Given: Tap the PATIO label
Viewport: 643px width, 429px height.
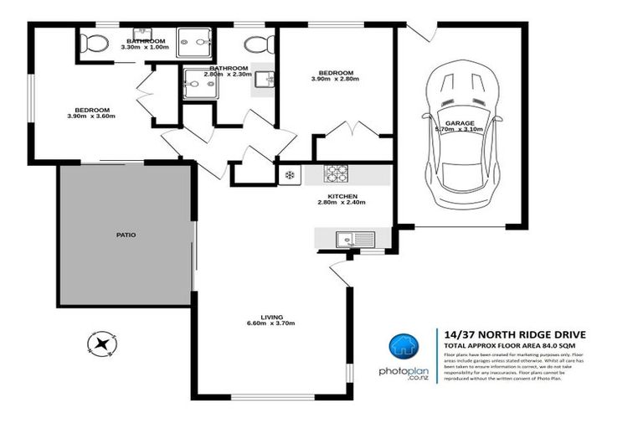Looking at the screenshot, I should click(x=126, y=235).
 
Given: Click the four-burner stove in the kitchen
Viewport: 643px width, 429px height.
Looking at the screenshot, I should click(x=336, y=173).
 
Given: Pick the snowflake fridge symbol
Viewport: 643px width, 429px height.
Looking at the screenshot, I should click(x=290, y=175).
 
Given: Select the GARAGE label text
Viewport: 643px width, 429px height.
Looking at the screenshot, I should click(x=460, y=123).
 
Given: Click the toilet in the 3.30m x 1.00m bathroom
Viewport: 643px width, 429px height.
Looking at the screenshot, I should click(x=93, y=43).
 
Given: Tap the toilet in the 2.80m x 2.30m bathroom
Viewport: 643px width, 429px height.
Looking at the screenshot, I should click(x=256, y=44).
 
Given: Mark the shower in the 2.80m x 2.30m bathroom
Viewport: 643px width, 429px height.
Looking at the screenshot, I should click(x=199, y=83).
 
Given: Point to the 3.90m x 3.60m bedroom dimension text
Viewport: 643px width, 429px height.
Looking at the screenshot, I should click(x=92, y=116).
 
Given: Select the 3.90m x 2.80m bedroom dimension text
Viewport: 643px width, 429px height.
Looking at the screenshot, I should click(x=335, y=79).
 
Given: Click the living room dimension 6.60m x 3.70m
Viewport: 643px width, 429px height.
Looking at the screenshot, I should click(x=270, y=323).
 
